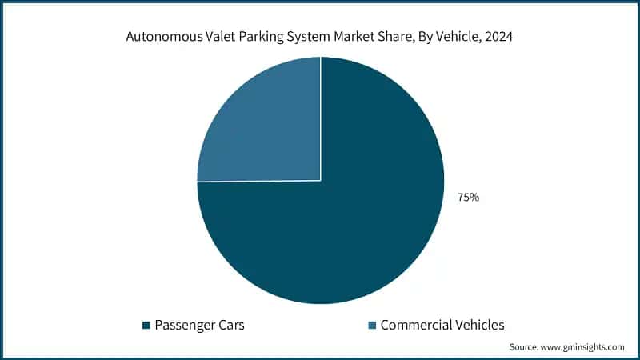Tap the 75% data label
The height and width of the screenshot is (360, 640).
click(468, 197)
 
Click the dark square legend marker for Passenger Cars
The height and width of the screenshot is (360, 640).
click(146, 325)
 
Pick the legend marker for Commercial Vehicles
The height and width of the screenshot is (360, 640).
click(372, 325)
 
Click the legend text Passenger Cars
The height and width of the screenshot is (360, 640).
click(199, 325)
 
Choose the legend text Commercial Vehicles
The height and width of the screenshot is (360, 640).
click(442, 325)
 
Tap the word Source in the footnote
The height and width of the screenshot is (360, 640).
click(524, 347)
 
